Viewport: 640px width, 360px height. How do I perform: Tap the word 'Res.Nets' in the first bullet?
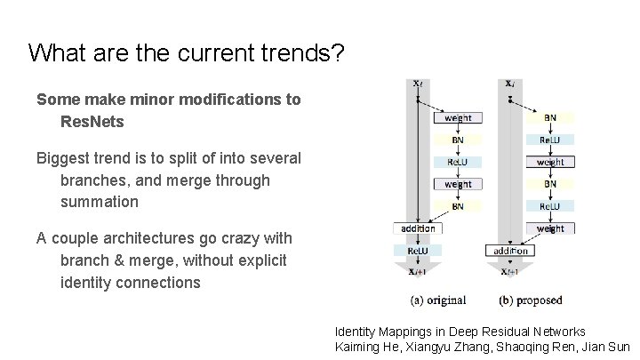click(x=92, y=120)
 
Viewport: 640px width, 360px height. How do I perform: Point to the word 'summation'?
click(x=100, y=201)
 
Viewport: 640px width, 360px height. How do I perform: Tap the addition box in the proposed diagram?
click(x=509, y=251)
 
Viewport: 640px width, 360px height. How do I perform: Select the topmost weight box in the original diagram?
click(x=457, y=117)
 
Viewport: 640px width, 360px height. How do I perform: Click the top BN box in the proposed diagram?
click(x=549, y=117)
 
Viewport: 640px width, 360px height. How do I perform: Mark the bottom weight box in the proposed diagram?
click(x=549, y=228)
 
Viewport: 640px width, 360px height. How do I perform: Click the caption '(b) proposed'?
click(x=531, y=299)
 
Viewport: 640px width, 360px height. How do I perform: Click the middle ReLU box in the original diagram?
click(x=457, y=162)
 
